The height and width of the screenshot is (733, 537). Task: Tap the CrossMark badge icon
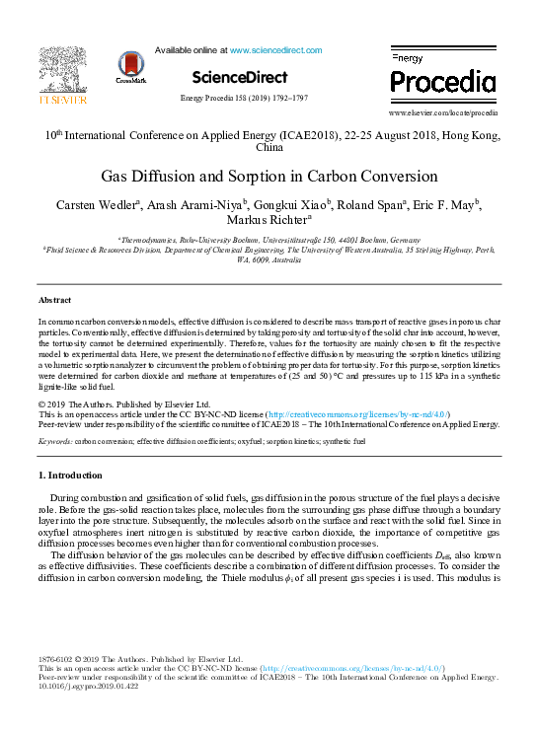pos(130,66)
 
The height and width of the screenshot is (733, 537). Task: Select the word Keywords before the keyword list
pos(55,441)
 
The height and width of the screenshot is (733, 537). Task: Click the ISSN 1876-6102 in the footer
pos(56,659)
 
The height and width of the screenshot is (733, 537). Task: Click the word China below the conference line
pos(268,147)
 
